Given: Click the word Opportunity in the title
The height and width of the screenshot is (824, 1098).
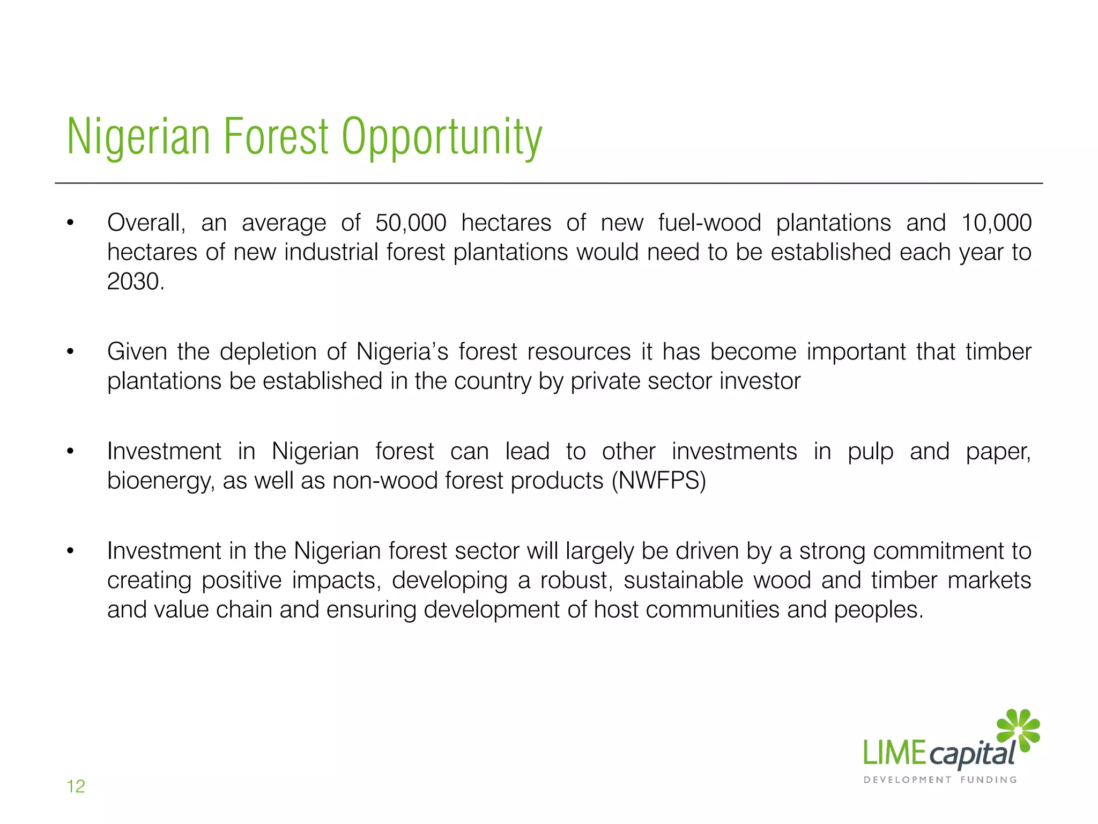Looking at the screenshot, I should (442, 137).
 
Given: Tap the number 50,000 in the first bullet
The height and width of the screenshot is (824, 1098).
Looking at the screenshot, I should (411, 223).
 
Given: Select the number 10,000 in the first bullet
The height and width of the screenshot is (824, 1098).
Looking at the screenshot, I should (996, 223).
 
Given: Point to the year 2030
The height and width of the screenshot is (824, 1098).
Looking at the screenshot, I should (135, 282).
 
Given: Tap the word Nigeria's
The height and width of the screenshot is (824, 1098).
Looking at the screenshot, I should (402, 352).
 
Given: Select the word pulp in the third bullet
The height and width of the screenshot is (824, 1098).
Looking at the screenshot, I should (870, 452).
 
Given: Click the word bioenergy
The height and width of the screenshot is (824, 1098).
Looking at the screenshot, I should (161, 481).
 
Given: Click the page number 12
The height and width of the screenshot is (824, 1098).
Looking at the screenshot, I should (76, 786).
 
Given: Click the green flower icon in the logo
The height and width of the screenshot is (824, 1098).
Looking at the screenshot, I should (1018, 730).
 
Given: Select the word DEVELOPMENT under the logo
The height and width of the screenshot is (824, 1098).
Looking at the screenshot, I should (907, 780).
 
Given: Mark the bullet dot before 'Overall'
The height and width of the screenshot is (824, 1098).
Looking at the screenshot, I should (70, 223).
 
